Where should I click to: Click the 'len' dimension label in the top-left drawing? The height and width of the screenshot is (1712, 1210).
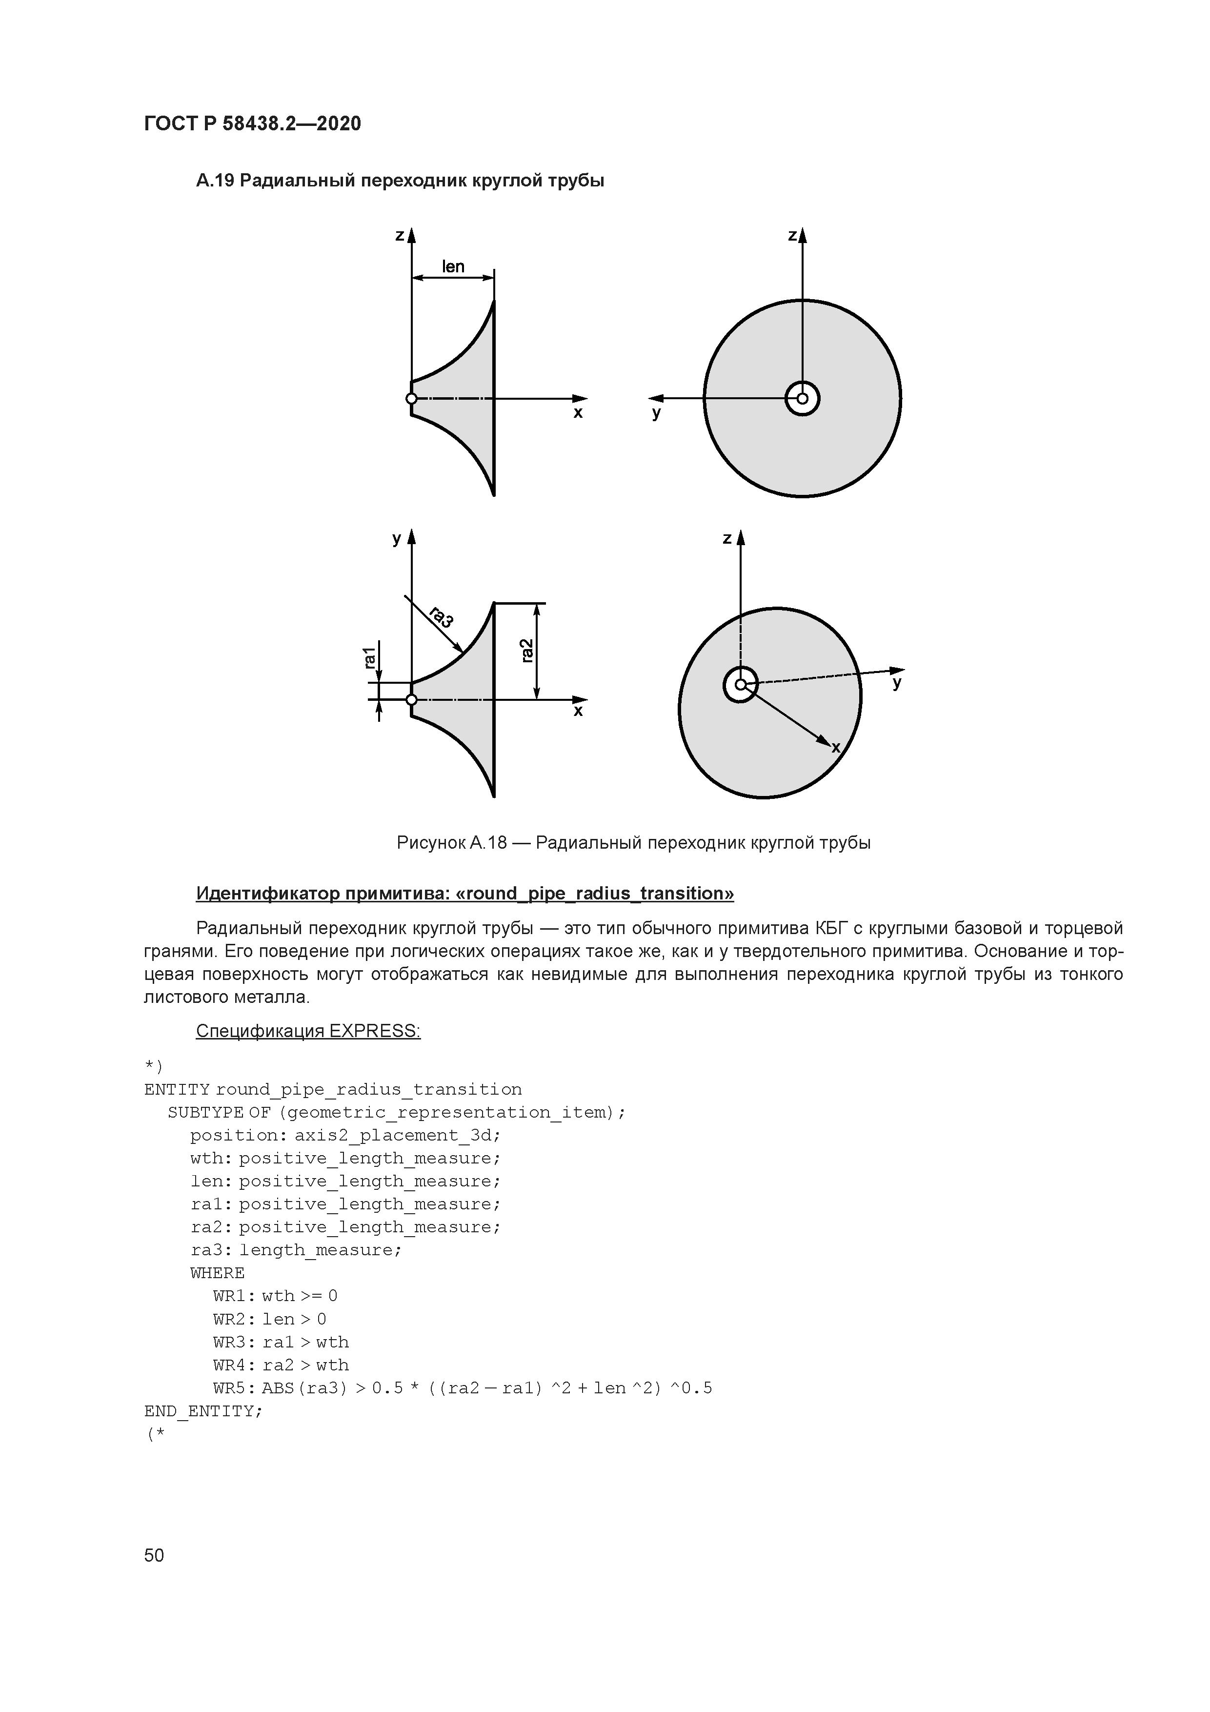(453, 266)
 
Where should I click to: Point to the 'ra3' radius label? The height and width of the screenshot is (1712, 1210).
(442, 617)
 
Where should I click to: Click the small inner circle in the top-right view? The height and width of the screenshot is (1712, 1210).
(802, 398)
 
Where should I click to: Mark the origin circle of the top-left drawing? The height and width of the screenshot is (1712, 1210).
(411, 399)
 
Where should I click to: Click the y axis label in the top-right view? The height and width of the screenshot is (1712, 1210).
(656, 413)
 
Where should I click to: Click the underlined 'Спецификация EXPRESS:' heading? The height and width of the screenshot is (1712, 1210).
(308, 1031)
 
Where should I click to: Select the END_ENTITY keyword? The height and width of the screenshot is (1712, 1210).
(203, 1411)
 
